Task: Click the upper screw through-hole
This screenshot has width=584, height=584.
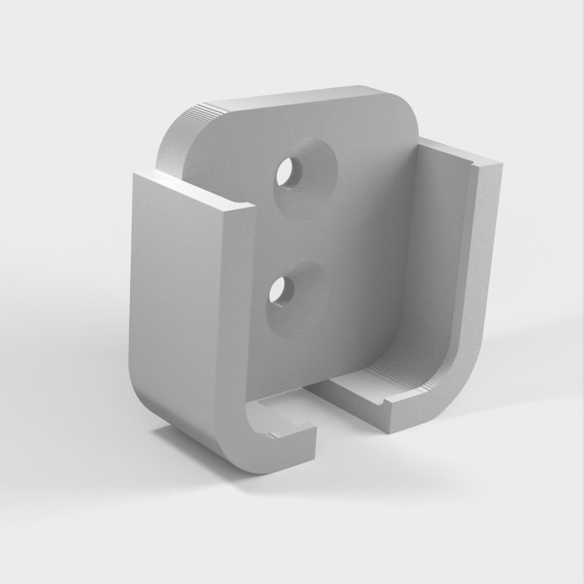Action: [289, 172]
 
